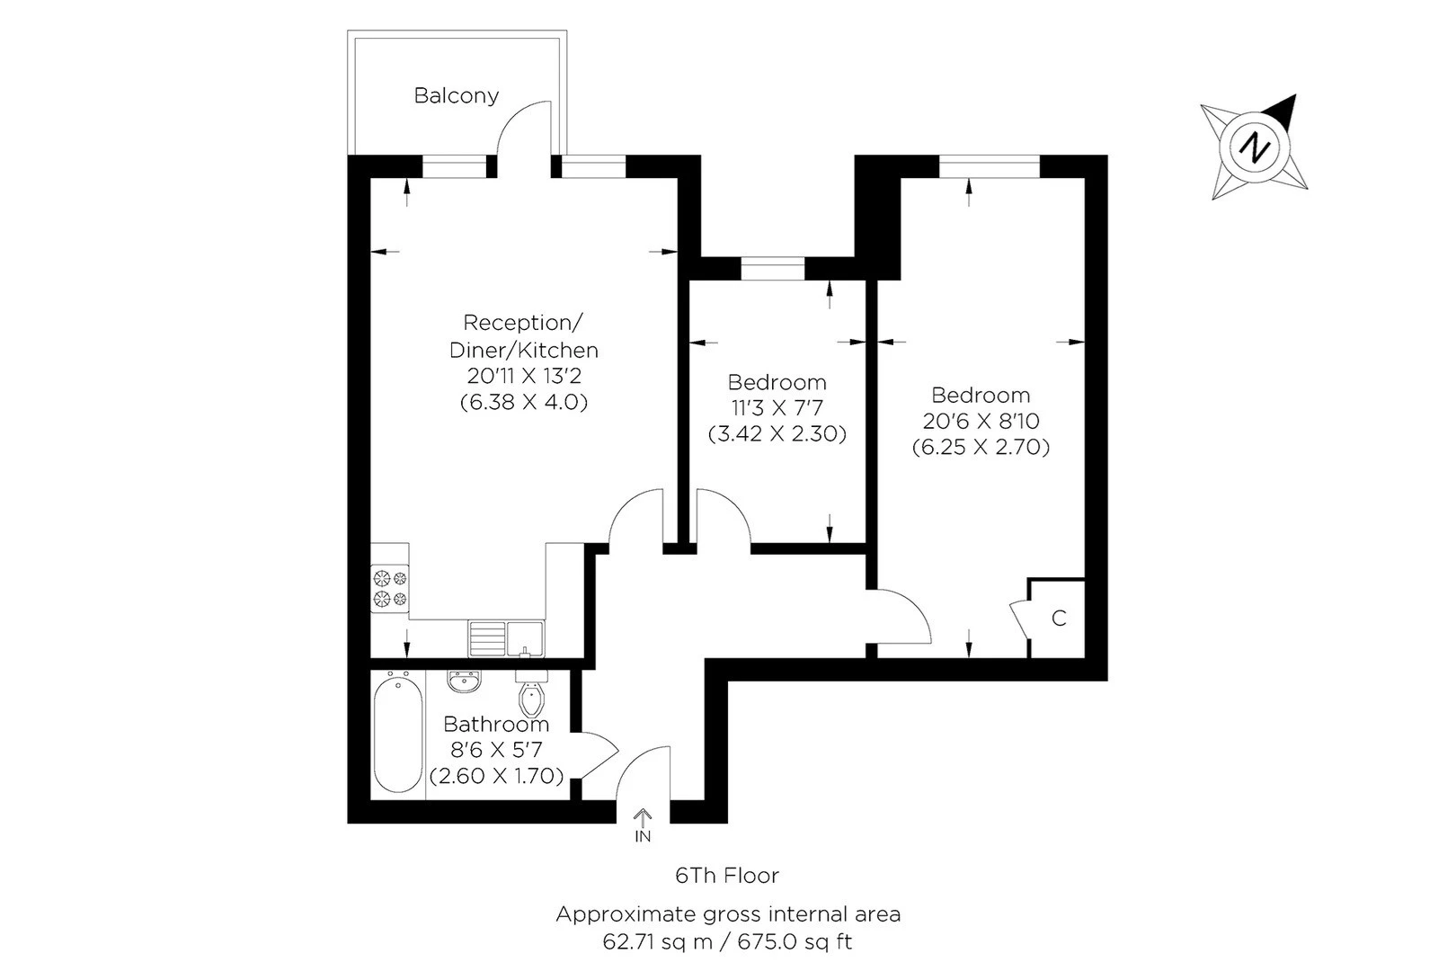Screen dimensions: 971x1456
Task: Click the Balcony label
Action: point(456,95)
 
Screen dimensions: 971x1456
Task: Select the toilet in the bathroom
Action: point(532,696)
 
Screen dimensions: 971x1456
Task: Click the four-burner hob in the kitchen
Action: point(389,587)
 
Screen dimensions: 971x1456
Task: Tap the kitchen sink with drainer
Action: point(506,637)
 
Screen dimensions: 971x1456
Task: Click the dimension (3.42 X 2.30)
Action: point(777,433)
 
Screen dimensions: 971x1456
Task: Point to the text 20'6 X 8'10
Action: point(981,421)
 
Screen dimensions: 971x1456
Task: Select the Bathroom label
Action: point(496,724)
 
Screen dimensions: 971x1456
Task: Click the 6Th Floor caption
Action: point(727,875)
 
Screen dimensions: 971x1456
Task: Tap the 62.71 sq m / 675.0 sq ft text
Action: point(727,942)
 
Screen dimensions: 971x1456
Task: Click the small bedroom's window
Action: point(773,268)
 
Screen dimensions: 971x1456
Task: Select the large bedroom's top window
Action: point(989,166)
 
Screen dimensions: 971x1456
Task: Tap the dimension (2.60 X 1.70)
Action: point(496,775)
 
